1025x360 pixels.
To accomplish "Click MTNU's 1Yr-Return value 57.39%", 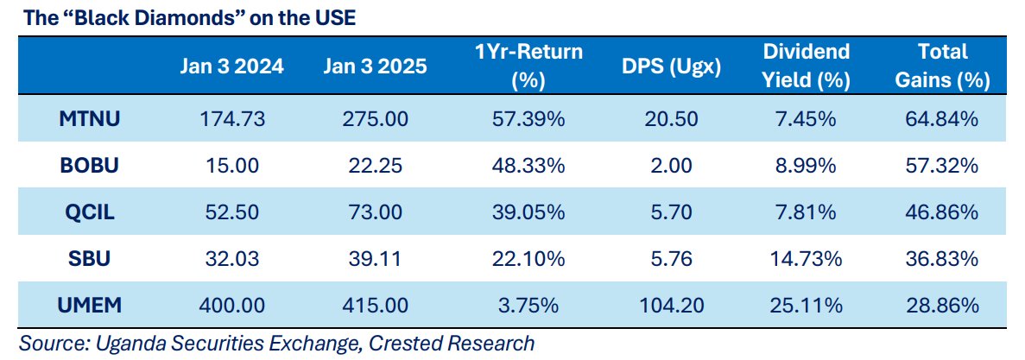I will tap(528, 118).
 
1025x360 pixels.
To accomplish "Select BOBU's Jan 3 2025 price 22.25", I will tap(376, 165).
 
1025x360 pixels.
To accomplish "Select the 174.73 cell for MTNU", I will tap(232, 118).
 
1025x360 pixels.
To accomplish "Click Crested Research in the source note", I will tap(452, 343).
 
